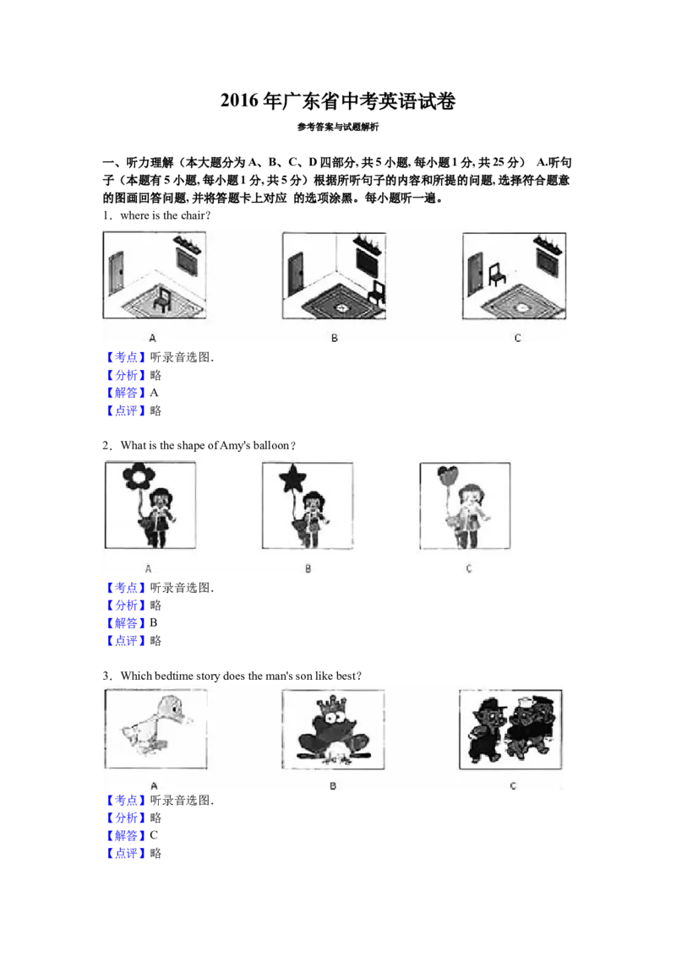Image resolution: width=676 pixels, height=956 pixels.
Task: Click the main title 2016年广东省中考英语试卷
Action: (x=337, y=100)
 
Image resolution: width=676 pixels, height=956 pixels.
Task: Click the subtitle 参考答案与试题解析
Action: (x=338, y=127)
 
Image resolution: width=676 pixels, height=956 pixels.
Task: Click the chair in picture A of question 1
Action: (x=162, y=299)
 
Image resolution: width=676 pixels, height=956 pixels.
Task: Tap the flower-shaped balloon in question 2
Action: (x=139, y=477)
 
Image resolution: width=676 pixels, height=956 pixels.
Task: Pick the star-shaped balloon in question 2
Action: (x=292, y=479)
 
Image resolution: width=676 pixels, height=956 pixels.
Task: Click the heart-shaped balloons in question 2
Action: (x=447, y=475)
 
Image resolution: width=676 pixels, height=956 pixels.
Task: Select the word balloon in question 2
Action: (x=271, y=446)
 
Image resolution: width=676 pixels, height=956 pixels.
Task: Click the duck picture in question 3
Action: (x=156, y=729)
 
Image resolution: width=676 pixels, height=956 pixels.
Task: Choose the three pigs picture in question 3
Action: (x=510, y=729)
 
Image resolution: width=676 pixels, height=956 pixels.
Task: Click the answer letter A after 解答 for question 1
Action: (x=155, y=393)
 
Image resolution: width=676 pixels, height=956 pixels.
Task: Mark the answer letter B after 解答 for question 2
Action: (x=154, y=623)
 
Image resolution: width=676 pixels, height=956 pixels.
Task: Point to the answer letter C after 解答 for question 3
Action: (x=154, y=835)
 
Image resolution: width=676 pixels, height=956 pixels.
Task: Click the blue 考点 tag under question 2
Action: (x=126, y=588)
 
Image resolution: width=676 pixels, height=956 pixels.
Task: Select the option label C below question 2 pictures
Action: (x=469, y=569)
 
